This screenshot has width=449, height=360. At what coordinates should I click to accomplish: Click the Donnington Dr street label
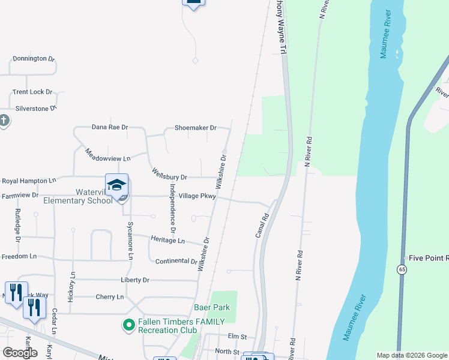coord(34,59)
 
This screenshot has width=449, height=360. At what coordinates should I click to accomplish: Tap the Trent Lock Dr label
coord(32,92)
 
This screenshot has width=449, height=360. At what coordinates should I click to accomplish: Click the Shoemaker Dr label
coord(194,128)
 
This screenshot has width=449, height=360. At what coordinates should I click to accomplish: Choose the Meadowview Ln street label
coord(107,154)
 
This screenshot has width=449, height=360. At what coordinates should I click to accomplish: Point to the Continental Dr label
coord(176,262)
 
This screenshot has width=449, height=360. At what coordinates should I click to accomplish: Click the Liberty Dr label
coord(135,280)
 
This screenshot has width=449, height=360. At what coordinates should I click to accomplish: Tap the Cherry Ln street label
coord(109,297)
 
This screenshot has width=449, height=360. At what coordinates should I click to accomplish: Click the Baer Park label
coord(212,307)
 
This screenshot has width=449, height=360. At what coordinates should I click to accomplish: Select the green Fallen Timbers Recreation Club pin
coord(128,325)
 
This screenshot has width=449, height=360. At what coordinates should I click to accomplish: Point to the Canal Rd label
coord(262,225)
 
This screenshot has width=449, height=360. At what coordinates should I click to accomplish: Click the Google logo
coord(20,353)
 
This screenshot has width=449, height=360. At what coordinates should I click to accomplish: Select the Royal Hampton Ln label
coord(29,180)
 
